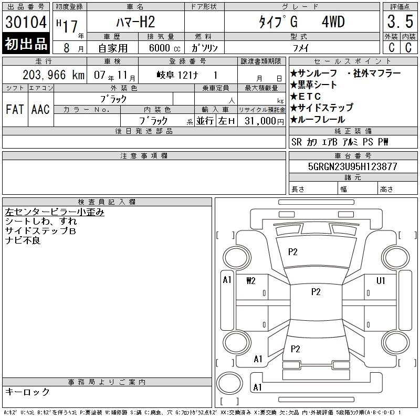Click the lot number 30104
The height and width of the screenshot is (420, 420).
tap(26, 22)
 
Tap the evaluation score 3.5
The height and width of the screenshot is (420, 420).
tap(400, 22)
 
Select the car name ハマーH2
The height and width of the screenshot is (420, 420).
tap(135, 22)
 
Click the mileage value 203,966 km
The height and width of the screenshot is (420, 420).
tap(54, 75)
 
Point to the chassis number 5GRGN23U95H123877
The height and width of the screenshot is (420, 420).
tap(352, 166)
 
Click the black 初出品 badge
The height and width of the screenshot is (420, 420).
tap(26, 44)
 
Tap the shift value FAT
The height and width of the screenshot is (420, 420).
tap(15, 109)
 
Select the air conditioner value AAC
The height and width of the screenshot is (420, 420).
tap(40, 109)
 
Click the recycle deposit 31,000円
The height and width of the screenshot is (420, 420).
tap(264, 121)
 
